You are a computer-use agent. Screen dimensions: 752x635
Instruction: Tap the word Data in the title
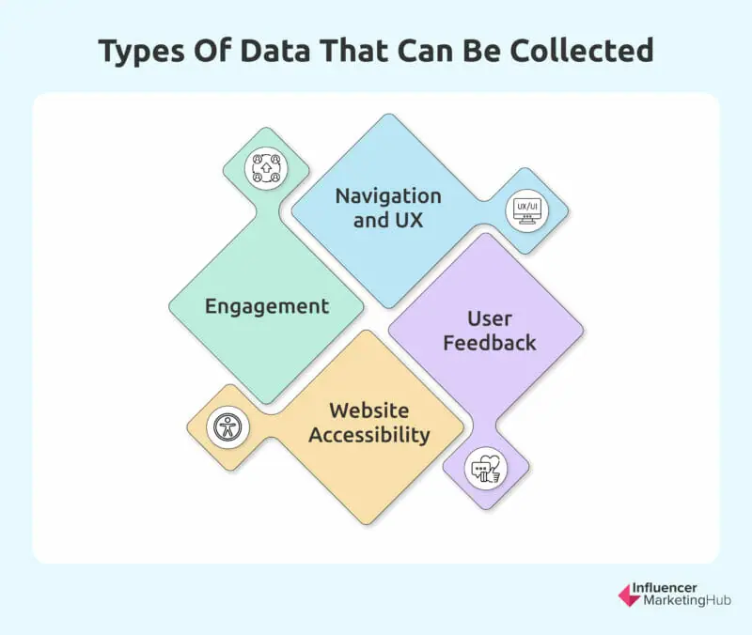pos(275,51)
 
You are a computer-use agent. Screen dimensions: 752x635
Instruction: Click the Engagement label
pos(267,307)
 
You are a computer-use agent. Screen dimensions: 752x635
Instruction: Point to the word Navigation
pos(388,196)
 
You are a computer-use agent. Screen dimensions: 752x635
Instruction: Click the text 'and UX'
pos(388,221)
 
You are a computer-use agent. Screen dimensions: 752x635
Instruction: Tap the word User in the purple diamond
pos(490,318)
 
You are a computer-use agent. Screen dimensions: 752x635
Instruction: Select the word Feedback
pos(490,343)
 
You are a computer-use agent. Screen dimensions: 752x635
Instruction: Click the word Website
pos(369,410)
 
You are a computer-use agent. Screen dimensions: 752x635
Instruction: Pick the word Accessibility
pos(369,435)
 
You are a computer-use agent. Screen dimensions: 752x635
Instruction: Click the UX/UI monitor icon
pos(527,210)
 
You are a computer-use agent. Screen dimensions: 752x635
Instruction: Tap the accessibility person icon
pos(227,427)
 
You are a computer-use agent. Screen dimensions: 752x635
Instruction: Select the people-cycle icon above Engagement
pos(266,168)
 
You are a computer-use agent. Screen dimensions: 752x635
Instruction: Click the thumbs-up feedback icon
pos(486,469)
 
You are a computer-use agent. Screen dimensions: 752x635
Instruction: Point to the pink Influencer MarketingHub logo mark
pos(629,596)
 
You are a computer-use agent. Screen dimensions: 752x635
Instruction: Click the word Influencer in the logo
pos(665,587)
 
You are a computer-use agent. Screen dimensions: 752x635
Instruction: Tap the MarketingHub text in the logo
pos(687,600)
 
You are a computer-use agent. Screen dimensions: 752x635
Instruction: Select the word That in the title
pos(353,51)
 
